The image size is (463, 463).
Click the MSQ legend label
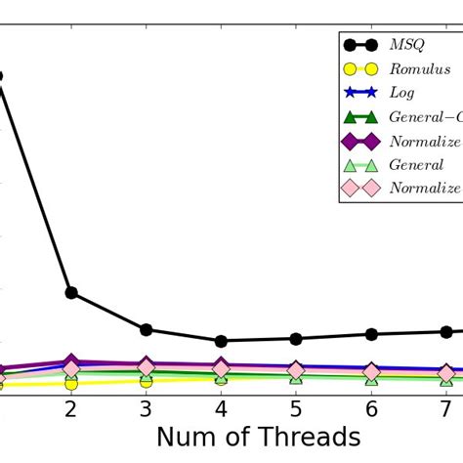(406, 46)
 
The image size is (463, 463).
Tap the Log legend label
(401, 93)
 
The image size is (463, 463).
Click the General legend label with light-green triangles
(416, 164)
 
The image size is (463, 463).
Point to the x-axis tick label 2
(71, 407)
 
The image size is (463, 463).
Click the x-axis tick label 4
(221, 407)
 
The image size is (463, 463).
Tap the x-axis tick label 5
(296, 407)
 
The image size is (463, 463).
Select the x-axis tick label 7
(445, 407)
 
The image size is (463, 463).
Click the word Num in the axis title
(189, 438)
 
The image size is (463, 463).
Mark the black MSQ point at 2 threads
(71, 293)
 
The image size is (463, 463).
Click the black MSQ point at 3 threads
(146, 329)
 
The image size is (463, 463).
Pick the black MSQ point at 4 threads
(221, 341)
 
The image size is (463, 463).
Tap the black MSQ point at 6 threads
(371, 334)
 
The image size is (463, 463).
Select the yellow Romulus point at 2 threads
(71, 383)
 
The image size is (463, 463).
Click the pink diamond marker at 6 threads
(371, 372)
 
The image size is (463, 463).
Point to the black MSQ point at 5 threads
(296, 338)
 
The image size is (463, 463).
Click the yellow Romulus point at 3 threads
(146, 381)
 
